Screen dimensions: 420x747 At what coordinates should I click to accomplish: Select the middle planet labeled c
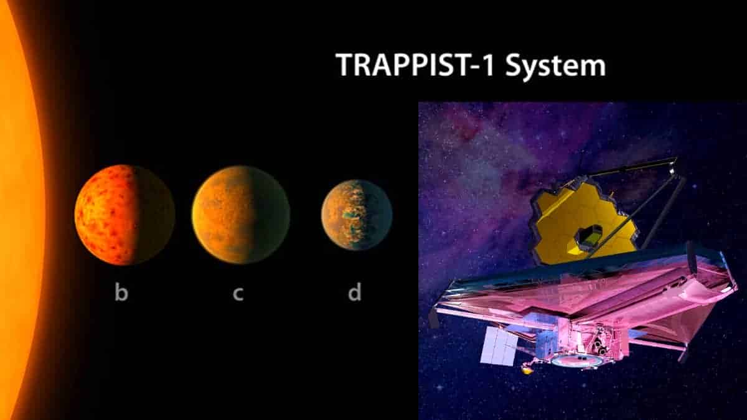coord(240,215)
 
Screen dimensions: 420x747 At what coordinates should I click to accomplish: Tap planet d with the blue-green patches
coord(357,215)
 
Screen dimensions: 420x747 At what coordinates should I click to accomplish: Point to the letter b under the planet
coord(121,292)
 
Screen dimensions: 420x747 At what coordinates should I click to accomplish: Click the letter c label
coord(238,293)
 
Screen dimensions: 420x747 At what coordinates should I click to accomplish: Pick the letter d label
coord(354,292)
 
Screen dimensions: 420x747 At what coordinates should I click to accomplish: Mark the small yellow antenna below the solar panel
coord(527,370)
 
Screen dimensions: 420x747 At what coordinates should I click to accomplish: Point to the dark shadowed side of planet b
coord(156,215)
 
